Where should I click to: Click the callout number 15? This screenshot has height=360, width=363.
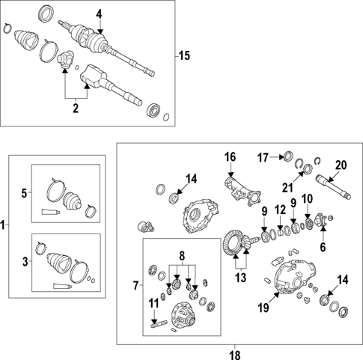tap(185, 55)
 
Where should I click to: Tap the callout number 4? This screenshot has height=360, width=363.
tap(99, 13)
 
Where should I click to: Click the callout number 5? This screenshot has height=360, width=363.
tap(24, 193)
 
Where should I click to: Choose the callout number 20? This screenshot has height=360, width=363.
tap(341, 165)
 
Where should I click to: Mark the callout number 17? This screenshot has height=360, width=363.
tap(263, 157)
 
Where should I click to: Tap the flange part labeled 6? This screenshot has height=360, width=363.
tap(323, 222)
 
